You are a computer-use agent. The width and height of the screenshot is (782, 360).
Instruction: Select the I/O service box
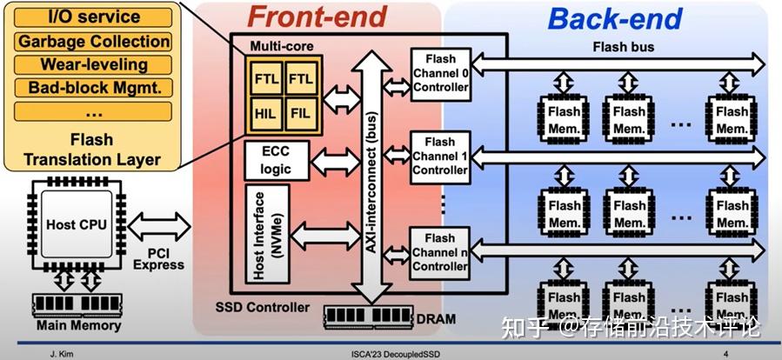point(92,17)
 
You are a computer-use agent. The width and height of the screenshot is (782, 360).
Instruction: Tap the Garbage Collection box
point(92,41)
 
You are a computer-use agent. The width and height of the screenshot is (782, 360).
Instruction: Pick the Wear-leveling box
point(92,64)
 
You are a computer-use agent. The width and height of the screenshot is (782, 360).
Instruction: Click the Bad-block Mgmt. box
point(92,88)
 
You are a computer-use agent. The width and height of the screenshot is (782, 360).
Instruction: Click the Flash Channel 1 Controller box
point(439,155)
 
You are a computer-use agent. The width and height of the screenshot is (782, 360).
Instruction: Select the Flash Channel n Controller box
point(439,251)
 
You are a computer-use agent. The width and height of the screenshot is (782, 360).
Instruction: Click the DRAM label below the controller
point(435,318)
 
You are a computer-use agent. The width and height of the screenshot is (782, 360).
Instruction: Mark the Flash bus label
point(623,46)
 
